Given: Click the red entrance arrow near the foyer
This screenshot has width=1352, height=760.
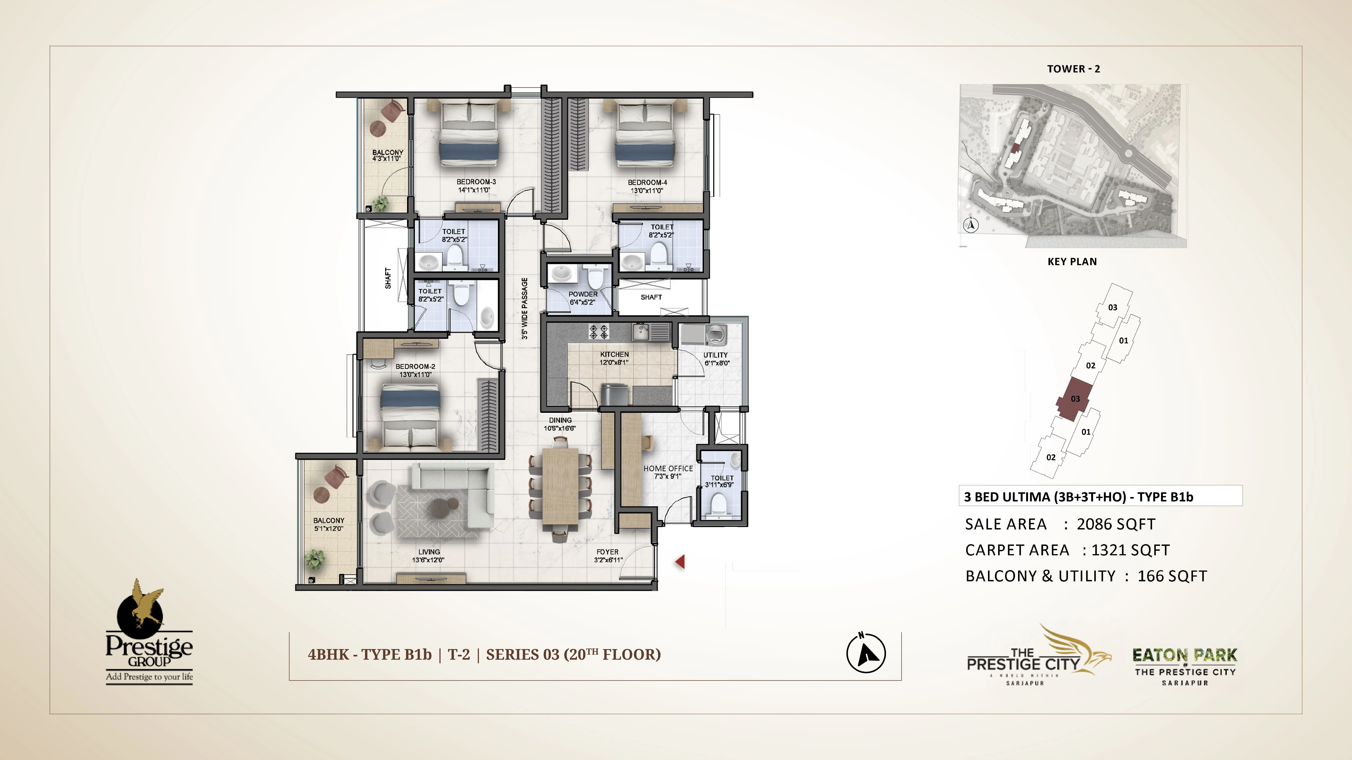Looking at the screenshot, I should click(x=680, y=562).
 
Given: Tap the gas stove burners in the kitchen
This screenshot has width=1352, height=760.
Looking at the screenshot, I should click(x=599, y=332).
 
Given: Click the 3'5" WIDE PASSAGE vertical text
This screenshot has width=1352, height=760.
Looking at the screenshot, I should click(x=524, y=308).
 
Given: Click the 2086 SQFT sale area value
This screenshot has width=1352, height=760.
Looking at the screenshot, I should click(x=1116, y=524).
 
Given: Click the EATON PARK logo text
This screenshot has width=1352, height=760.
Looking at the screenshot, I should click(x=1185, y=655).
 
